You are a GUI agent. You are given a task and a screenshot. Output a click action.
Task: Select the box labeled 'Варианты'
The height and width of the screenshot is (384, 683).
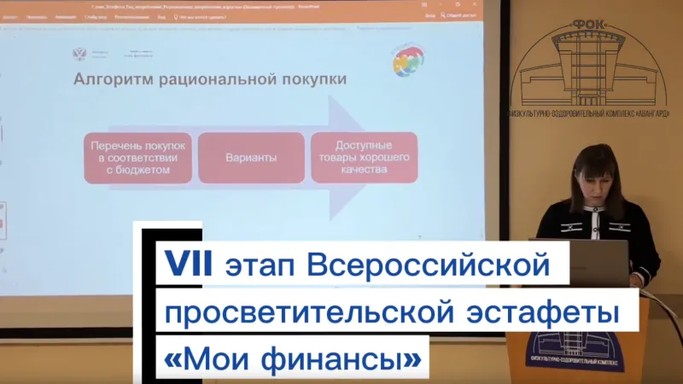coord(251,158)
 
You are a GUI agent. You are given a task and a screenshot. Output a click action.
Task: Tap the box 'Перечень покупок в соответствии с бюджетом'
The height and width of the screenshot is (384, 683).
coord(138,158)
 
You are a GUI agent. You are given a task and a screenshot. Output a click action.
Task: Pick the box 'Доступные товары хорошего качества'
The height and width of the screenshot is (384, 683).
coord(364,157)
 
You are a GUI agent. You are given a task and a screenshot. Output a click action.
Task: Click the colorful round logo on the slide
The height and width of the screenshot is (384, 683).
coord(406,60)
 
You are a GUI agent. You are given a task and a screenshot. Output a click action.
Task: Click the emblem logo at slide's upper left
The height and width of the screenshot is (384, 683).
coord(79,54)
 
